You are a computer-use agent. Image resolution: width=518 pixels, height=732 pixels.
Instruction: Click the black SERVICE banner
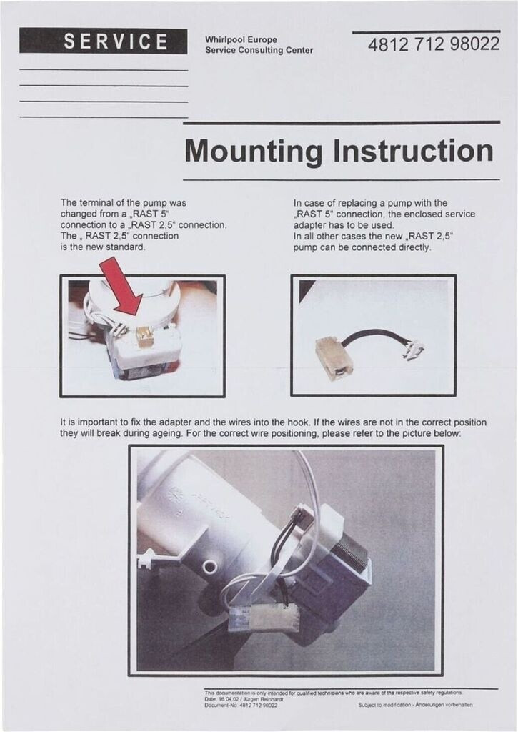click(103, 41)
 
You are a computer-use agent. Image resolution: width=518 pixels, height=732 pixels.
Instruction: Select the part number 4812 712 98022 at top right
click(434, 44)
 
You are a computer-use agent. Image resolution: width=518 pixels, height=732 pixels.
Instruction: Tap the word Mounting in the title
click(254, 152)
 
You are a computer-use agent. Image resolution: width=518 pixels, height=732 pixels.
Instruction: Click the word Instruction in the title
click(413, 150)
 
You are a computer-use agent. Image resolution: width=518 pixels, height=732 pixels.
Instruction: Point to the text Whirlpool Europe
click(241, 40)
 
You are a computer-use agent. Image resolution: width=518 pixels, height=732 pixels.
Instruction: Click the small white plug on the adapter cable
click(414, 349)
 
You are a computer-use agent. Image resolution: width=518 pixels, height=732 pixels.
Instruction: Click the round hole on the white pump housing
click(209, 567)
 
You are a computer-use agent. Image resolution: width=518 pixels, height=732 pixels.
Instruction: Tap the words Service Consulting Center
click(259, 51)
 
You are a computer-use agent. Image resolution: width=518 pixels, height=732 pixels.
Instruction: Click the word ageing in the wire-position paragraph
click(167, 434)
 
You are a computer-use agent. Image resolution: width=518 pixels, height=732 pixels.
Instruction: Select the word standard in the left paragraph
click(126, 247)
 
